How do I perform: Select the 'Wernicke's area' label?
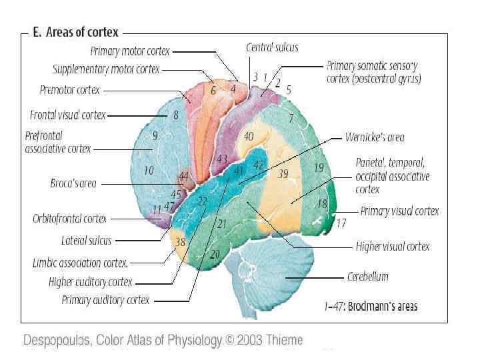(375, 137)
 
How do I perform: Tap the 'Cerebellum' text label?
(368, 276)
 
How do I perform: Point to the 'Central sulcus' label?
(272, 47)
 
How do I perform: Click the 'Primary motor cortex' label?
(130, 51)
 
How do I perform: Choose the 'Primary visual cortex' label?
(399, 211)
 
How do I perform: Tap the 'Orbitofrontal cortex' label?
(69, 219)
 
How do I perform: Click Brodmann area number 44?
(183, 177)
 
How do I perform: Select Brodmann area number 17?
(341, 223)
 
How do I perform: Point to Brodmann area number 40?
(248, 136)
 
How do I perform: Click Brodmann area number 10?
(148, 171)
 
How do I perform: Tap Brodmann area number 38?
(180, 242)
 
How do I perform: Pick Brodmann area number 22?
(203, 201)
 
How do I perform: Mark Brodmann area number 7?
(291, 119)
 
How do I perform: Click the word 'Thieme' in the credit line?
(285, 340)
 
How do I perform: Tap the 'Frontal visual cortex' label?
(68, 115)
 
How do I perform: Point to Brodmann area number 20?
(215, 253)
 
